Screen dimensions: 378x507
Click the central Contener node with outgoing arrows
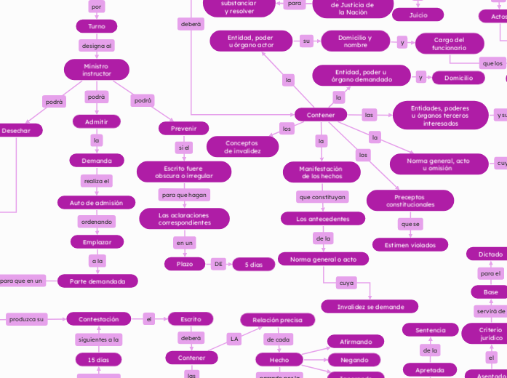tap(321, 115)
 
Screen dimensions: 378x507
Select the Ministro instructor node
tap(97, 70)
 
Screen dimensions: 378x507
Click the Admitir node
tap(97, 121)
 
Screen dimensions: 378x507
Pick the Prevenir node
tap(184, 129)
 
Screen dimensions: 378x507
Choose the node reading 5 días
tap(253, 265)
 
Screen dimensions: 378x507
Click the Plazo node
tap(185, 264)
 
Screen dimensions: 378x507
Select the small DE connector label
tap(218, 264)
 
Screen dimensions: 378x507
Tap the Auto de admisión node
tap(97, 203)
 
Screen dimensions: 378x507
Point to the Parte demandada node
tap(97, 281)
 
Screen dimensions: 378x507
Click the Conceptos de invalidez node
tap(242, 147)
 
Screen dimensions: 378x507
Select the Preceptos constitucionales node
tap(410, 201)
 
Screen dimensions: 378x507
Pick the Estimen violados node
tap(410, 245)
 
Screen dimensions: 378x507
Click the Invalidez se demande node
tap(370, 307)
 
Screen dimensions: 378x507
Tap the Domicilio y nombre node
tap(355, 41)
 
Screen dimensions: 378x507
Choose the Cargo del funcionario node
tap(449, 44)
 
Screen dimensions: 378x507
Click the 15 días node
tap(98, 360)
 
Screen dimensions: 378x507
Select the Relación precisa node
tap(278, 320)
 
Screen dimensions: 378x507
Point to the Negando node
tap(354, 360)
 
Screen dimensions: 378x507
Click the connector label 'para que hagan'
tap(184, 195)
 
